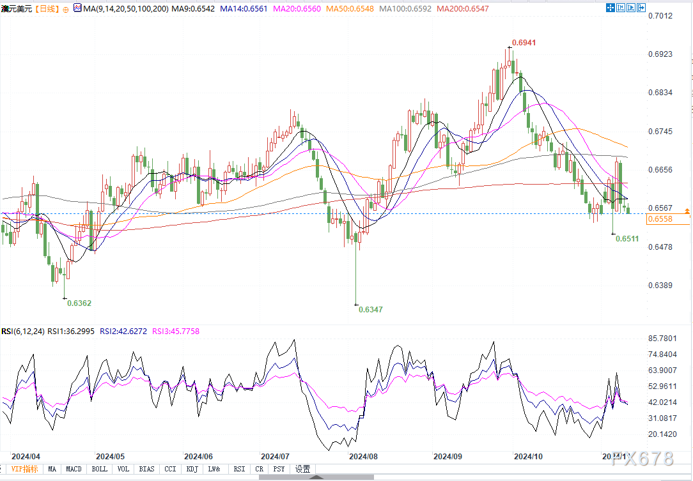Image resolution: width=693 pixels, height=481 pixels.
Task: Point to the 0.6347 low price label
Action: (371, 309)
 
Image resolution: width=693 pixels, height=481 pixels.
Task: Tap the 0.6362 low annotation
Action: (79, 303)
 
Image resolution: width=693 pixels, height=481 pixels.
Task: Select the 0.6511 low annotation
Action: (627, 238)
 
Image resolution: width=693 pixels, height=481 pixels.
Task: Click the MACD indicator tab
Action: (74, 469)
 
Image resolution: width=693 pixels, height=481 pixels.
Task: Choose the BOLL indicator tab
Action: (99, 469)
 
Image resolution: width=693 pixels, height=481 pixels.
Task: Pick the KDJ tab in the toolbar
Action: (191, 469)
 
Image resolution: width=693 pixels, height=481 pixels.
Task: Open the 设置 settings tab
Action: (302, 469)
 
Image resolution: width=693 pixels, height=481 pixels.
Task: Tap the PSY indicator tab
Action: (279, 469)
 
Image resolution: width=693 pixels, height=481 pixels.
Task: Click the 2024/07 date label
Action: (275, 457)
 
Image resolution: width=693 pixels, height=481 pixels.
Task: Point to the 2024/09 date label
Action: (447, 457)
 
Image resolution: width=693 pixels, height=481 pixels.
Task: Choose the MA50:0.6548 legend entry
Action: (350, 9)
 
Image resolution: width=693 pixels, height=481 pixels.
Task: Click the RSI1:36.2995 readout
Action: (72, 332)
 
